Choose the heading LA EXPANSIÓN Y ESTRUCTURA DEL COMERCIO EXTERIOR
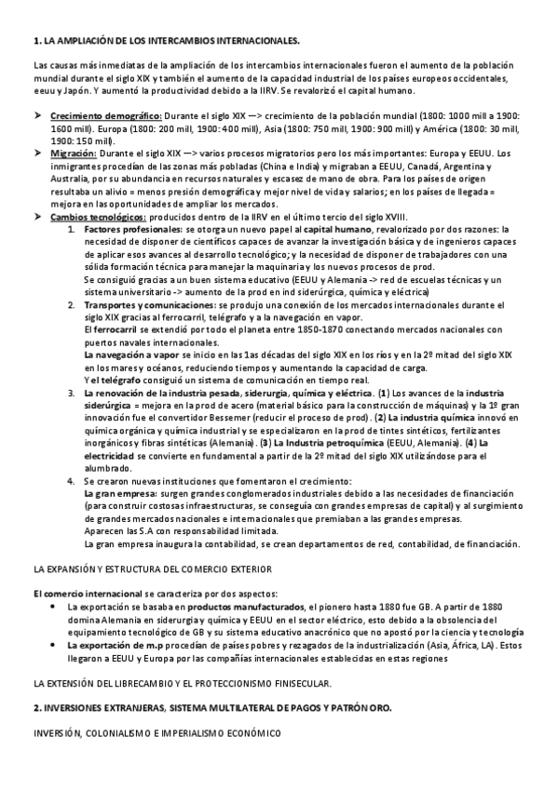coord(152,569)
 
